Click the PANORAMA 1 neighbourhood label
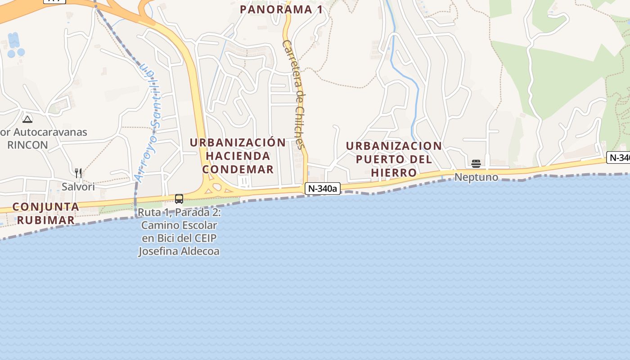[281, 9]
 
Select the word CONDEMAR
[238, 170]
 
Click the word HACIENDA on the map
[238, 156]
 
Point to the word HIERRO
[394, 173]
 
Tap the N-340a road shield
[322, 189]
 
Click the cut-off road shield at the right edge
[619, 158]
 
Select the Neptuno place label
[476, 177]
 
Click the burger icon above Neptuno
[476, 163]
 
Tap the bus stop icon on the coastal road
[179, 199]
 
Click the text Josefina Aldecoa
[179, 251]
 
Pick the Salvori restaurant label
[78, 186]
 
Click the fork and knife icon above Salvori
[78, 173]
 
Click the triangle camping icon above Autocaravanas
[27, 119]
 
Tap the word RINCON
[27, 145]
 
